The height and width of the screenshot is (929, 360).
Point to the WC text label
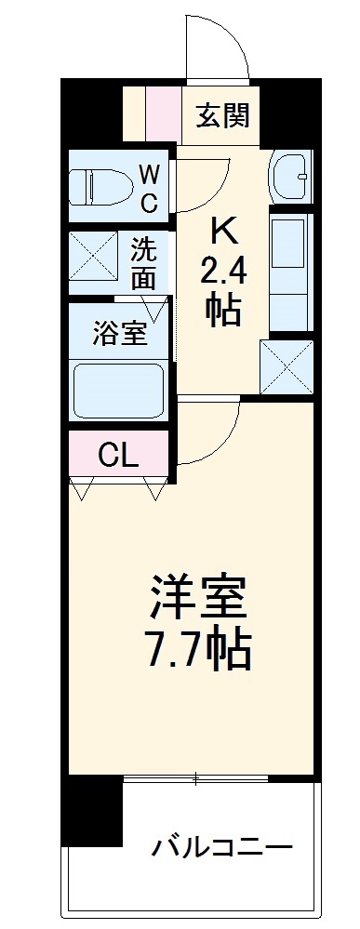pos(149,186)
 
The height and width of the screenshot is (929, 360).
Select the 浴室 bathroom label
pos(120,334)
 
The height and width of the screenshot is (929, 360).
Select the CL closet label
pos(119,455)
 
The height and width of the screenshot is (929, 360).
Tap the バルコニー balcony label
pos(222,846)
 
